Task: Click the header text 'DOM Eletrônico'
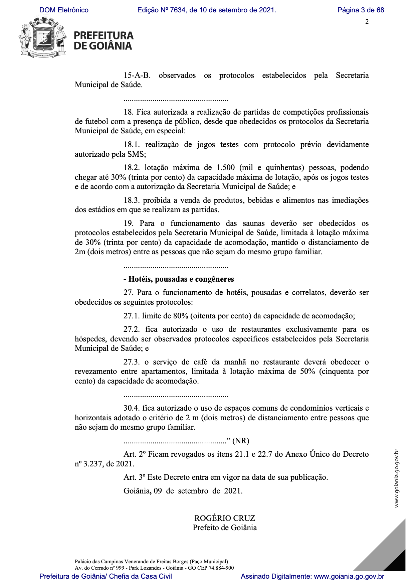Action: pos(64,10)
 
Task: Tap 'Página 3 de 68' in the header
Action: pos(361,10)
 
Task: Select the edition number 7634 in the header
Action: pos(177,10)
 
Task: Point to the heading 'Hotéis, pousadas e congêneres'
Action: pos(181,279)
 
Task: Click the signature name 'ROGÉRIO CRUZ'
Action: pos(225,518)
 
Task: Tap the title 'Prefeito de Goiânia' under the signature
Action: pos(225,528)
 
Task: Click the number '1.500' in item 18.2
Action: pos(226,168)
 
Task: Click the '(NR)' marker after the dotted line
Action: pos(241,441)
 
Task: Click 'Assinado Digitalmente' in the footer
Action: pos(276,576)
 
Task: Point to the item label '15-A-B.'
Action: pos(137,76)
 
